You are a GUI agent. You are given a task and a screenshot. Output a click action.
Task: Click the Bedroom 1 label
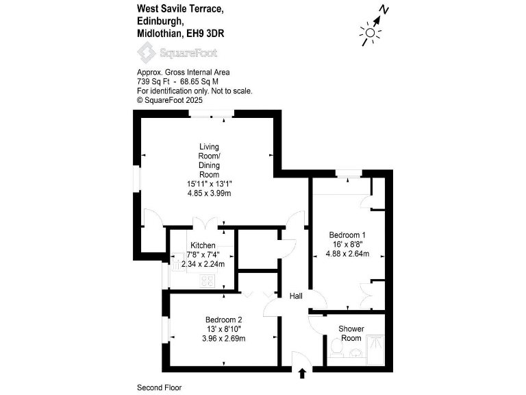(347, 235)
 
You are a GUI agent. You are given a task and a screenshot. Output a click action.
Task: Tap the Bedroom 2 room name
(223, 320)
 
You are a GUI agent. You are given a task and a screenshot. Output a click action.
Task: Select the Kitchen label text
(203, 246)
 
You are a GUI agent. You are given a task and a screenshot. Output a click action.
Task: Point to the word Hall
(296, 296)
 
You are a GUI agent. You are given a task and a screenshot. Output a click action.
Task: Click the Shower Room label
(351, 333)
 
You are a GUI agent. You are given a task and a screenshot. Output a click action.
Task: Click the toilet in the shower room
(336, 350)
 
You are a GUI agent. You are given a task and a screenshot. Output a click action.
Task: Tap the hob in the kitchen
(208, 280)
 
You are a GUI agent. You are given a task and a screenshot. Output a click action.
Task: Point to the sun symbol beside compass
(370, 32)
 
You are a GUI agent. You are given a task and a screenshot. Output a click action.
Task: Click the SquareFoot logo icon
(146, 51)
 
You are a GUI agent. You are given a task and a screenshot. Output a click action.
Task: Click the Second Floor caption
(160, 387)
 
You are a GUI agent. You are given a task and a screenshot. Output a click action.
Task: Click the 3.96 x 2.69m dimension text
(223, 339)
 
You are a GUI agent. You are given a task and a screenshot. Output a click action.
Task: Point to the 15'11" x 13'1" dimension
(209, 184)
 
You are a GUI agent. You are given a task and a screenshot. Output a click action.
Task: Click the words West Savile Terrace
(179, 9)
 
